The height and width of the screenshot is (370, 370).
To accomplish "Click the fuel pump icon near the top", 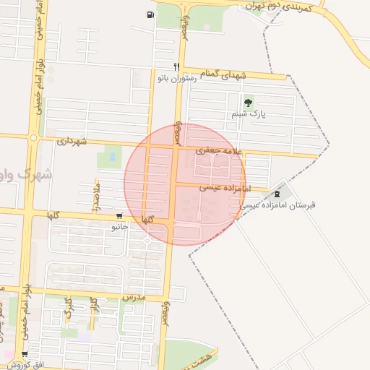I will [150, 14].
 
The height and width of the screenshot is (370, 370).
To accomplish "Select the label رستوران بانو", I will [179, 78].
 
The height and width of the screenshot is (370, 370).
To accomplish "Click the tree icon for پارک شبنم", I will [249, 103].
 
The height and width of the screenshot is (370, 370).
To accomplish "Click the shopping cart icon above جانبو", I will [119, 216].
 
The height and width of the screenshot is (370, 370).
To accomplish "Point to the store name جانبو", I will [119, 227].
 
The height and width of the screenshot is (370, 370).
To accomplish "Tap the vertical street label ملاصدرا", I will [95, 197].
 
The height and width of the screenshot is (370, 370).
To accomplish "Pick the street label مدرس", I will [134, 297].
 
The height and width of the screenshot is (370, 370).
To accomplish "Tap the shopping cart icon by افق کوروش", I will [25, 355].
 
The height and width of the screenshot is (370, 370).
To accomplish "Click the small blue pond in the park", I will [111, 155].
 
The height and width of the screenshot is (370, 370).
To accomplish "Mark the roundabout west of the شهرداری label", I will [33, 137].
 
